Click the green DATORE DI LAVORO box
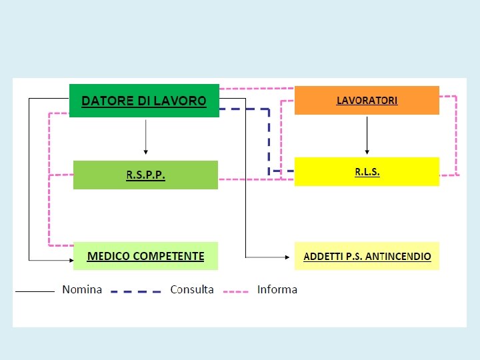pos(144,101)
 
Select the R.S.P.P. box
pos(145,175)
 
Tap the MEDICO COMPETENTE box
pos(145,256)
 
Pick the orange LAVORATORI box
pos(367,100)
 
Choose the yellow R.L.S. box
pos(367,171)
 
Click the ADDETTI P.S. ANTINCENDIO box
pos(367,256)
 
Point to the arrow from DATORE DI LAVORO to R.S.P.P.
pos(145,137)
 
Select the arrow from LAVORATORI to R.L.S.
pos(367,135)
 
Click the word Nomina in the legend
pos(82,289)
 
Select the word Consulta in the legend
pos(192,289)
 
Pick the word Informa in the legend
pos(277,289)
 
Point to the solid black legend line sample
pos(35,291)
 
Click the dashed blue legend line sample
pos(135,291)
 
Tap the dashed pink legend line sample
pos(235,291)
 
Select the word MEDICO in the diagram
pos(109,256)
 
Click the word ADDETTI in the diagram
pos(321,257)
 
